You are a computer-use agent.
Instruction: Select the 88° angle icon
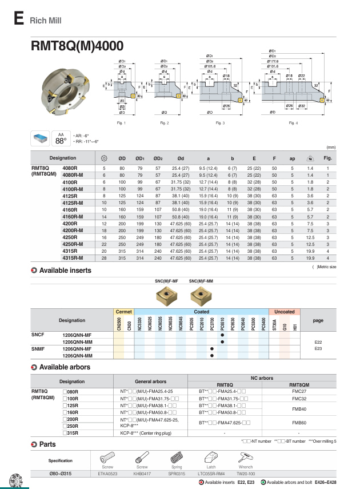pos(61,140)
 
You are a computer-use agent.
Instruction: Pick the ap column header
pos(292,158)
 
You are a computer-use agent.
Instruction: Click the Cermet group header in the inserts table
pos(123,312)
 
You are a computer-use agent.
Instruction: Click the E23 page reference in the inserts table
pos(318,348)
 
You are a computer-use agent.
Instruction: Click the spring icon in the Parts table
pos(176,458)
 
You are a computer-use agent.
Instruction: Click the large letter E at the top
pos(18,19)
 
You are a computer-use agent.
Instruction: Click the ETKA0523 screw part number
pos(107,474)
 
